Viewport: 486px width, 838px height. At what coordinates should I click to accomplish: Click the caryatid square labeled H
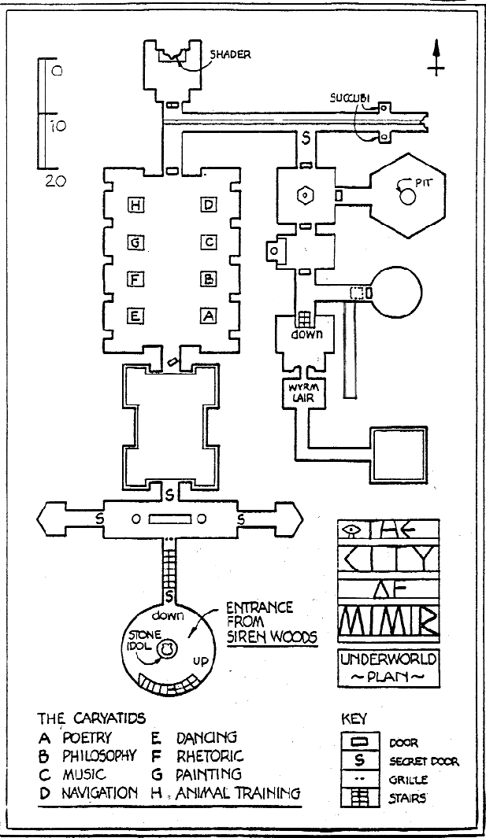point(135,205)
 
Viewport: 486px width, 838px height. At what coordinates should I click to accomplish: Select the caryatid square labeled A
point(208,316)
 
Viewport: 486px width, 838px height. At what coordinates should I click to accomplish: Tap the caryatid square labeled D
point(208,205)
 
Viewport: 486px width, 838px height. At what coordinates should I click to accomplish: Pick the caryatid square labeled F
point(135,279)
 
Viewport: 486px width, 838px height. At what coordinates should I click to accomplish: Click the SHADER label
point(230,54)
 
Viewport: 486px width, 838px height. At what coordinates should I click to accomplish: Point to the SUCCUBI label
point(349,98)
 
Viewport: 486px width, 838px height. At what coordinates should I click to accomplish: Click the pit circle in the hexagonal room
point(407,198)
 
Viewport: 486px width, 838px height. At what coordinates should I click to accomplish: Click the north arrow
point(436,57)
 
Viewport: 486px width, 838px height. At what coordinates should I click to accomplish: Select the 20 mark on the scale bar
point(56,181)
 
